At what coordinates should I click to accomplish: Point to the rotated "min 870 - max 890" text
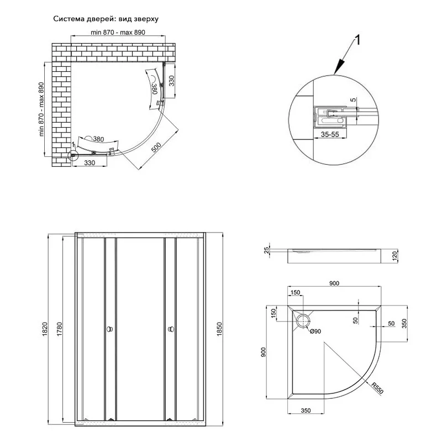pyautogui.click(x=41, y=110)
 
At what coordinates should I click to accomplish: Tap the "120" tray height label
pyautogui.click(x=396, y=256)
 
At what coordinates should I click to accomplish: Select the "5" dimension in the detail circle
pyautogui.click(x=352, y=100)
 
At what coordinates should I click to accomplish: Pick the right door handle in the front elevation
pyautogui.click(x=171, y=329)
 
